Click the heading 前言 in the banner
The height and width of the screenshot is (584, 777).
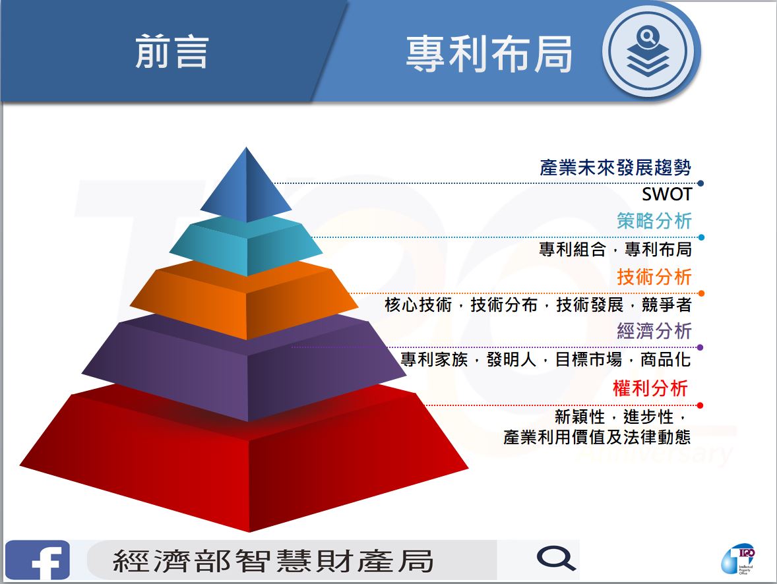point(171,51)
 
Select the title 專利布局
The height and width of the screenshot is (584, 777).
point(489,53)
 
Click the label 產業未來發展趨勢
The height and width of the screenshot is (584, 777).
point(615,167)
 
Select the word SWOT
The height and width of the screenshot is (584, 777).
point(666,194)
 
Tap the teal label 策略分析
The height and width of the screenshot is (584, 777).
point(654,221)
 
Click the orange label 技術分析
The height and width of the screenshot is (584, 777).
point(654,276)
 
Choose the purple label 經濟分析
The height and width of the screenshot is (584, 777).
point(654,331)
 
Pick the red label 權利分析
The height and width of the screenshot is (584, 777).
point(650,388)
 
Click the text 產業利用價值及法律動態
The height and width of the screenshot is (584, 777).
point(597,437)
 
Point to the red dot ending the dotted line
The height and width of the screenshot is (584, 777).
point(700,405)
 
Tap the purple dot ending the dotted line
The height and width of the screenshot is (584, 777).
point(700,347)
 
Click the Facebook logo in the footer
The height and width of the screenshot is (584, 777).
point(38,560)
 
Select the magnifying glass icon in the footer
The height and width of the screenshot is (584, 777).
point(556,559)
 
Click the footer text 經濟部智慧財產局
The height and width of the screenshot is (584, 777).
point(273,561)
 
